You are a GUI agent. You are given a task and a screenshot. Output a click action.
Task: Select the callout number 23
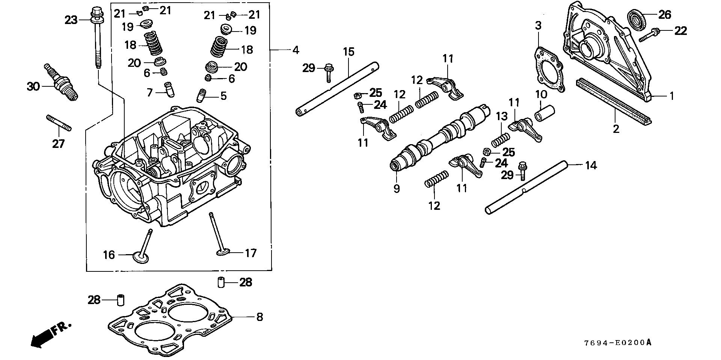pos(71,20)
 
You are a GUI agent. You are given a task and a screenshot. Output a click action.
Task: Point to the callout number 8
pos(259,317)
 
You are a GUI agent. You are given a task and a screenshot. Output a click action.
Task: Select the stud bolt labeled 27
pos(59,123)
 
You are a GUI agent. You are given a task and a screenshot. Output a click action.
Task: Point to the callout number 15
pos(348,51)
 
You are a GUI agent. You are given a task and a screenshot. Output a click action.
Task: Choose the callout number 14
pos(591,165)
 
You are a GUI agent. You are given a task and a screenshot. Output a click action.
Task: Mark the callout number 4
pos(296,50)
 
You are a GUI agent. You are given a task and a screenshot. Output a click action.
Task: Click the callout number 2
pos(616,129)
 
